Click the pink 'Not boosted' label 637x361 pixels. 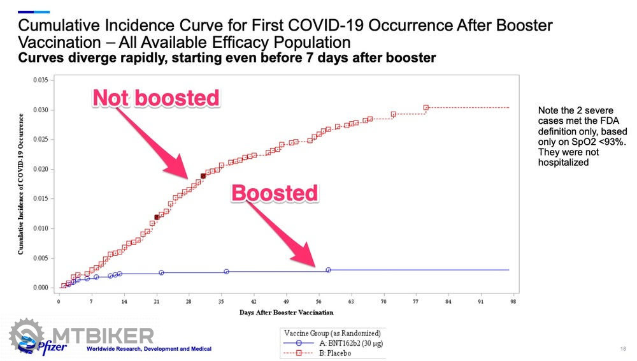click(x=156, y=98)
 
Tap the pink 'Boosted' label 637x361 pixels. click(x=274, y=193)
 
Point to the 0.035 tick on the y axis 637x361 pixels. click(x=39, y=80)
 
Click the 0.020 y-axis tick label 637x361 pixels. click(x=39, y=169)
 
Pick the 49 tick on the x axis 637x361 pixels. click(x=286, y=301)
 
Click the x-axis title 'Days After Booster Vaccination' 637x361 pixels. click(x=286, y=313)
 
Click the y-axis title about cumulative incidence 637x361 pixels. click(x=21, y=184)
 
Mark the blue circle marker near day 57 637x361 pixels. click(x=328, y=270)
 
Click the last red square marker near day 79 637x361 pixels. click(x=426, y=108)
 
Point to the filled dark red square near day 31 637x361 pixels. click(x=203, y=176)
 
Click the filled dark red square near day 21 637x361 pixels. click(x=157, y=217)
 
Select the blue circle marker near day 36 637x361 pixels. click(x=226, y=272)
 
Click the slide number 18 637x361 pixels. click(x=622, y=349)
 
